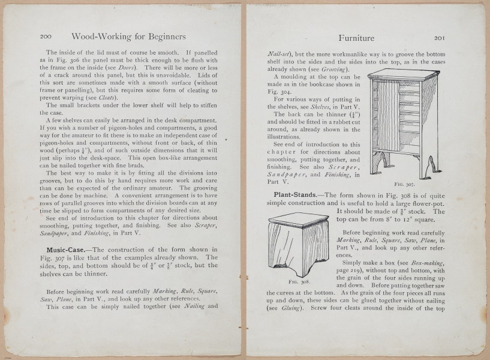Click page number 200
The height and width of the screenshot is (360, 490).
click(x=46, y=37)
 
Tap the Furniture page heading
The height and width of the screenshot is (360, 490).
click(x=356, y=38)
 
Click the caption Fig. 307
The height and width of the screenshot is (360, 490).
click(x=405, y=185)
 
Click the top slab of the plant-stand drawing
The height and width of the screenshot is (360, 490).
click(x=298, y=218)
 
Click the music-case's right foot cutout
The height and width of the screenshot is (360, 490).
click(x=428, y=169)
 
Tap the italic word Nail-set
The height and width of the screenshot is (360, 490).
click(x=279, y=53)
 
